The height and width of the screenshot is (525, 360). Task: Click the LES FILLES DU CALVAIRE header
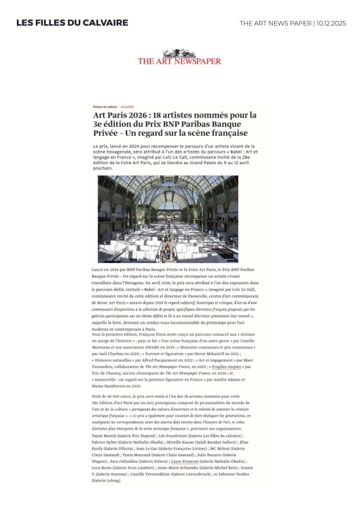pyautogui.click(x=72, y=23)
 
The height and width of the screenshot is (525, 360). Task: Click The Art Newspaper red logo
pyautogui.click(x=179, y=60)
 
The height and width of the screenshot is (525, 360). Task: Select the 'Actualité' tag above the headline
pyautogui.click(x=127, y=106)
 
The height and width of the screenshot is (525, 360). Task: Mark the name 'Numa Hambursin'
pyautogui.click(x=115, y=385)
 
